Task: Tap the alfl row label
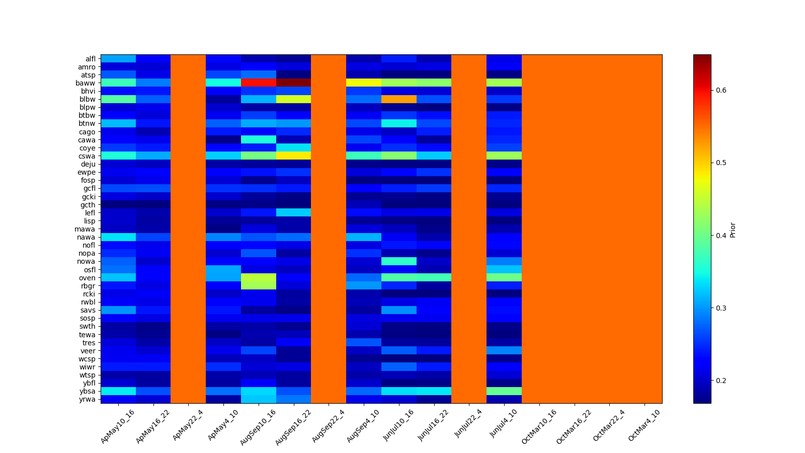[x=90, y=59]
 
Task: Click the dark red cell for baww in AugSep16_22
[x=293, y=83]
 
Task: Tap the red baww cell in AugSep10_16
[x=258, y=83]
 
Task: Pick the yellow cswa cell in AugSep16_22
[x=293, y=156]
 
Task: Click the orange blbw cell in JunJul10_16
[x=398, y=99]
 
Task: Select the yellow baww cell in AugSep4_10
[x=363, y=83]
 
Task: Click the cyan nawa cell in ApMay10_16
[x=118, y=237]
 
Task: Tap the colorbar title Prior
[x=733, y=230]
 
